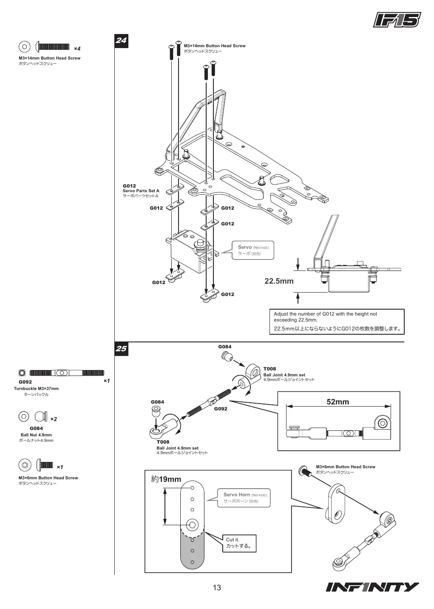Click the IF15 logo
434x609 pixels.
click(397, 20)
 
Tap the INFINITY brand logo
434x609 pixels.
click(372, 587)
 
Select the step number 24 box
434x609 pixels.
click(121, 41)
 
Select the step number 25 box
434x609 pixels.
click(121, 349)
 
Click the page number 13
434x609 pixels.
click(217, 588)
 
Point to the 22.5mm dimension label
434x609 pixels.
click(279, 281)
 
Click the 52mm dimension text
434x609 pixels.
click(338, 401)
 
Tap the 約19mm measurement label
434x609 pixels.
click(166, 479)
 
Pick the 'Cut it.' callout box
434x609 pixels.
click(239, 543)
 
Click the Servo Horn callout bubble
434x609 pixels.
click(244, 498)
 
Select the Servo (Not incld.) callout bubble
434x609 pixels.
click(253, 250)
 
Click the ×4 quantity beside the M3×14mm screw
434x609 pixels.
click(77, 48)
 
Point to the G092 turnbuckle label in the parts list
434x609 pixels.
click(25, 382)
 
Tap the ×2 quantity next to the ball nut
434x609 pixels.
click(54, 419)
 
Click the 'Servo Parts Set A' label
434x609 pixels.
click(141, 191)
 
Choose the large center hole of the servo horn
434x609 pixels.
click(192, 524)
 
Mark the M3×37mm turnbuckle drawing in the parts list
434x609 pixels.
click(67, 373)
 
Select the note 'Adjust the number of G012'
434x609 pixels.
click(337, 322)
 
